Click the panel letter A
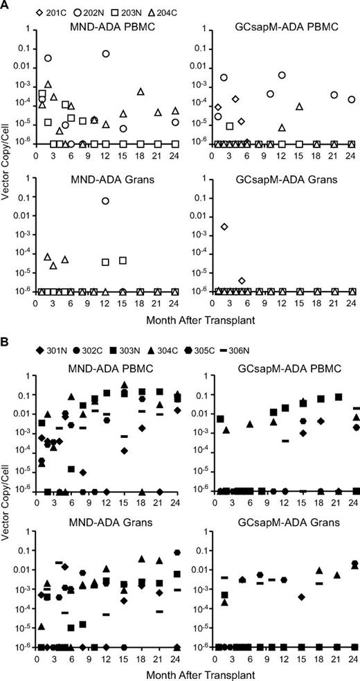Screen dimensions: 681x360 (6, 6)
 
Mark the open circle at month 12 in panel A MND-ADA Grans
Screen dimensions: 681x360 (105, 201)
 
